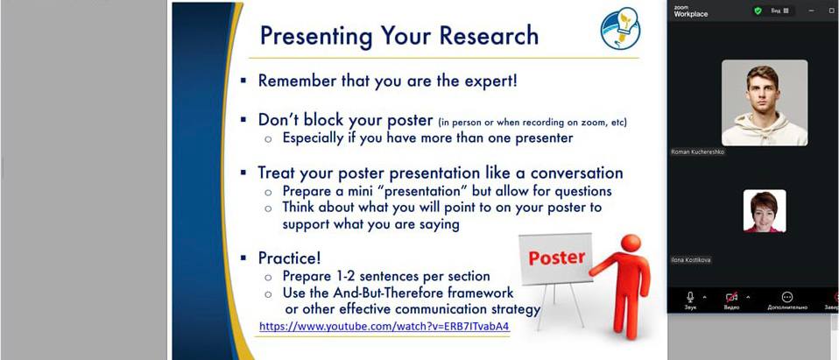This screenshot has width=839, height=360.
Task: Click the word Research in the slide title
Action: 489,35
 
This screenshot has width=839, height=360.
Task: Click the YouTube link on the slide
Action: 384,326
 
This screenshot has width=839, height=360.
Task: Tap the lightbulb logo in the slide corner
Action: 621,28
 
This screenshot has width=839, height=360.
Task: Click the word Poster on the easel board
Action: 556,258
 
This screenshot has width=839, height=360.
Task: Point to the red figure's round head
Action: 631,244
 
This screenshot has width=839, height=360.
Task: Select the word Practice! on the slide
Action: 290,258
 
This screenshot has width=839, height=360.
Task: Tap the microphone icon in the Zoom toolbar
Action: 690,297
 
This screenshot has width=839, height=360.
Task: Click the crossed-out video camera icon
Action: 731,297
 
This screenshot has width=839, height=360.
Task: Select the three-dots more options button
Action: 786,297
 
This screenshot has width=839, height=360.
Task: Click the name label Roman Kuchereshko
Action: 697,152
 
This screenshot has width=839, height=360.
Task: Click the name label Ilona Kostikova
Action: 691,260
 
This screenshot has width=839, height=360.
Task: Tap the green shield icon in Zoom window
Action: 758,11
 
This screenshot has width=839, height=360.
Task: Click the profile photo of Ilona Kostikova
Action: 765,211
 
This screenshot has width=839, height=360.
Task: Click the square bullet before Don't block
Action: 243,120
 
